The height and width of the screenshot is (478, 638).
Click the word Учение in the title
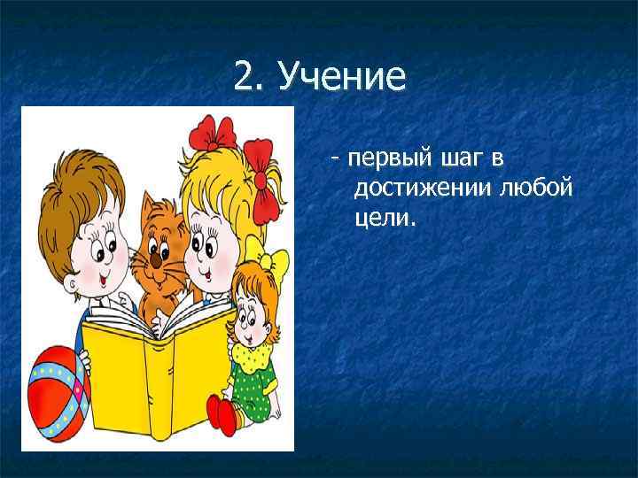(x=341, y=78)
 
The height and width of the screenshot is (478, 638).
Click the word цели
(x=383, y=217)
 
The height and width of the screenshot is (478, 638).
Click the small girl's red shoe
(x=222, y=412)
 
